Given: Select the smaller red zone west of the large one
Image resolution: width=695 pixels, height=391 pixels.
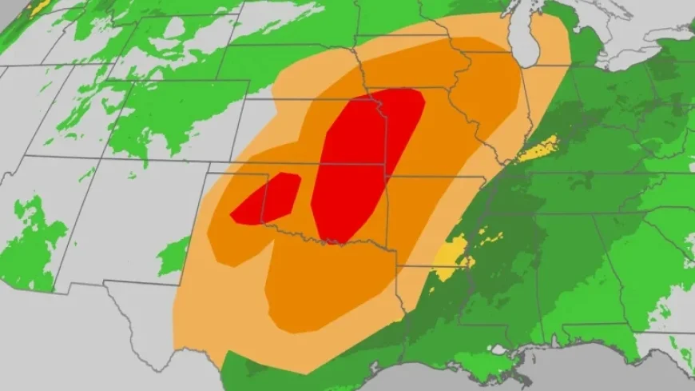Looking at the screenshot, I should [x=268, y=199].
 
